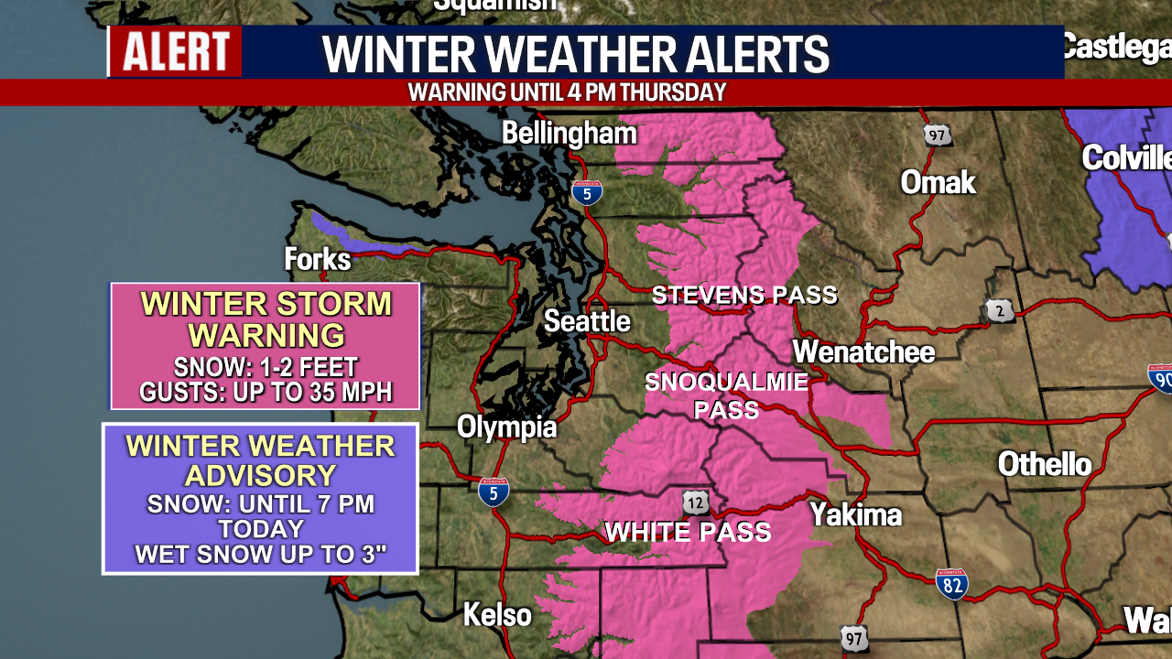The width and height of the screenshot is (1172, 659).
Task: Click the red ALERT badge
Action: tap(176, 51)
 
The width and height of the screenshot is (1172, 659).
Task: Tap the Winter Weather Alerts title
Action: tap(575, 55)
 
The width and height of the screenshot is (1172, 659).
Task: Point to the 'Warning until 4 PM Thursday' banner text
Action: tap(567, 92)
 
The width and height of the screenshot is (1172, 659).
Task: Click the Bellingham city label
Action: tap(569, 134)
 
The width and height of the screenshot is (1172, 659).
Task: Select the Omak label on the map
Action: tap(938, 182)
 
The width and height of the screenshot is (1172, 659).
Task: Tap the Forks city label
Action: tap(318, 259)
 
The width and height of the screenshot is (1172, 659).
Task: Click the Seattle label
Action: tap(587, 321)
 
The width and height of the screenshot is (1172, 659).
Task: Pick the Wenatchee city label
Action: tap(863, 352)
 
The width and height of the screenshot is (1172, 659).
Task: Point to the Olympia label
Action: tap(506, 427)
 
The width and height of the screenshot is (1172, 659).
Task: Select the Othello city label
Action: tap(1044, 464)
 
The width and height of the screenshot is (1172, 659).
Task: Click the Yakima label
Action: tap(855, 514)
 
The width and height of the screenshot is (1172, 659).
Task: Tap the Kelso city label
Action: tap(497, 614)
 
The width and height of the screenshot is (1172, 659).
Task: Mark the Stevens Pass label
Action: tap(744, 295)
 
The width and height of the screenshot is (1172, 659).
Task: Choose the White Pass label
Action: tap(688, 532)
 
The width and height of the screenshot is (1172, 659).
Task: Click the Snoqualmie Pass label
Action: tap(727, 395)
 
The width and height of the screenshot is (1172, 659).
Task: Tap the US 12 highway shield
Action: tap(695, 502)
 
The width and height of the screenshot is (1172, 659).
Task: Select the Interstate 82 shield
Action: tap(952, 583)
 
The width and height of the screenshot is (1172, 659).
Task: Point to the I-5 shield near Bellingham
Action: tap(587, 191)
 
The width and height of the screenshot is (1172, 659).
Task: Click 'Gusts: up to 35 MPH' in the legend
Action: tap(266, 393)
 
